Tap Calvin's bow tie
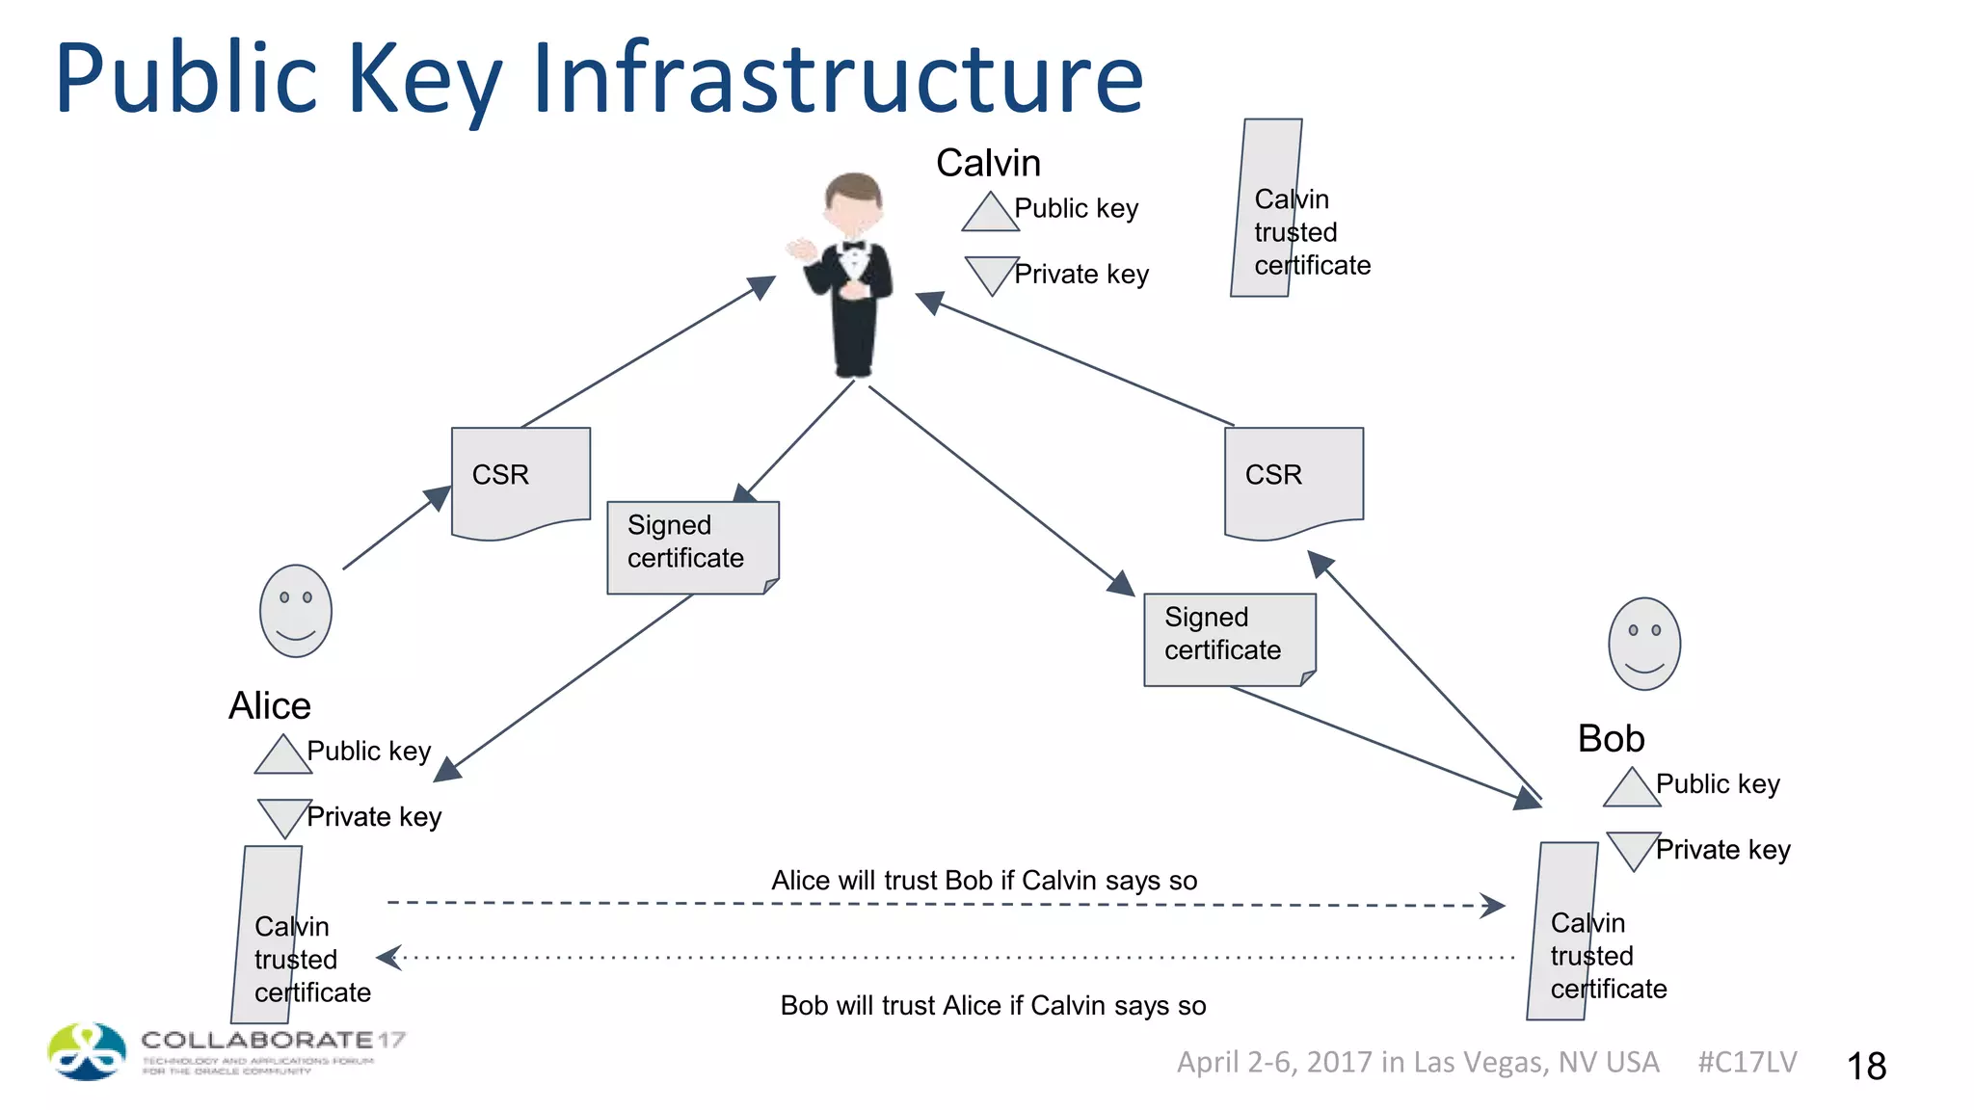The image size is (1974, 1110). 854,246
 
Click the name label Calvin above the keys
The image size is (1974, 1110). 988,163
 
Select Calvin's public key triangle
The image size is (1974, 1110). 990,214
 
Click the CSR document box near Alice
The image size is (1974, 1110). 520,480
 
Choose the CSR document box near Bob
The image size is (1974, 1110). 1294,480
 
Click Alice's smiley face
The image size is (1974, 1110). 296,611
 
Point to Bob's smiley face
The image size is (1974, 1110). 1644,644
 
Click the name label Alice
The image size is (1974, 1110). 270,706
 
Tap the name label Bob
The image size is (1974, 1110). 1611,739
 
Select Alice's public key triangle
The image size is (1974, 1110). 282,756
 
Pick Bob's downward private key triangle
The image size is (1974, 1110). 1633,848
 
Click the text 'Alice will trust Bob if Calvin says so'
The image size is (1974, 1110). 984,881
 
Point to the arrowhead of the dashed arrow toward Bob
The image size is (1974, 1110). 1495,906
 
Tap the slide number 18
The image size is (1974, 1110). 1866,1067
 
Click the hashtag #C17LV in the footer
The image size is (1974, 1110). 1747,1062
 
